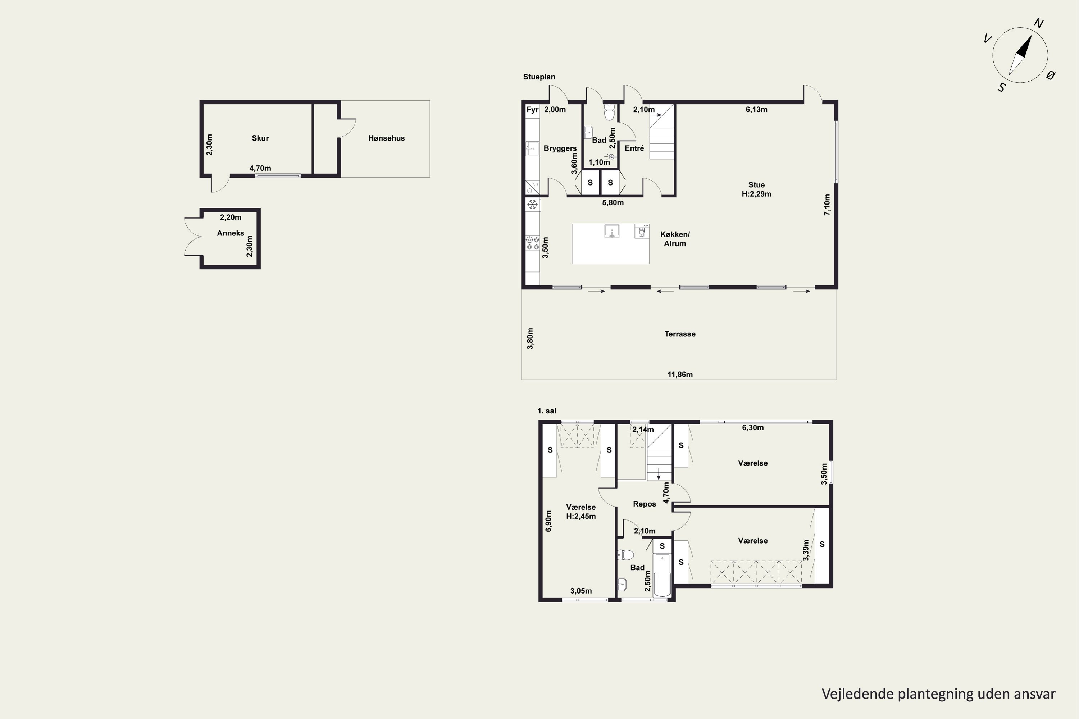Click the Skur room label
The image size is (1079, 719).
260,138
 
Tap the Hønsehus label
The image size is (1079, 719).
386,138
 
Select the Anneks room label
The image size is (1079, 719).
230,233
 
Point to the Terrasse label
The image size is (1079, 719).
680,334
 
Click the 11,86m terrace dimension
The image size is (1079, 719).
680,375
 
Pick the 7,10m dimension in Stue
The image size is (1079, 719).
827,205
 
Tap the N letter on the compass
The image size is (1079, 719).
1039,23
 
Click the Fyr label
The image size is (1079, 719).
532,110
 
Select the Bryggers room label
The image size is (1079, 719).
560,148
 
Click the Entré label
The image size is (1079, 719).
634,148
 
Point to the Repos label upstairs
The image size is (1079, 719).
644,504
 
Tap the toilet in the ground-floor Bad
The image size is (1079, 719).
609,112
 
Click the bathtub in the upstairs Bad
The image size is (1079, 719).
662,576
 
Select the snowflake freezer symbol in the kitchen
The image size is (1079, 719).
532,205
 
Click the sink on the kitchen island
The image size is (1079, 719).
611,231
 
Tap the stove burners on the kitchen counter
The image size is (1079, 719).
533,243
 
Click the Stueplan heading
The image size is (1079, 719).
539,77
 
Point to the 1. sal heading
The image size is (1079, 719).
547,411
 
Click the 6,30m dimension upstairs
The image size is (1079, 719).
753,428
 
